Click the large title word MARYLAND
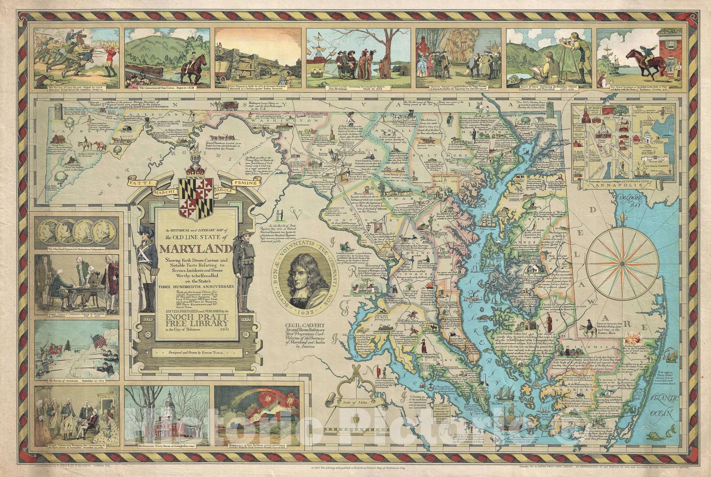coord(196,249)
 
